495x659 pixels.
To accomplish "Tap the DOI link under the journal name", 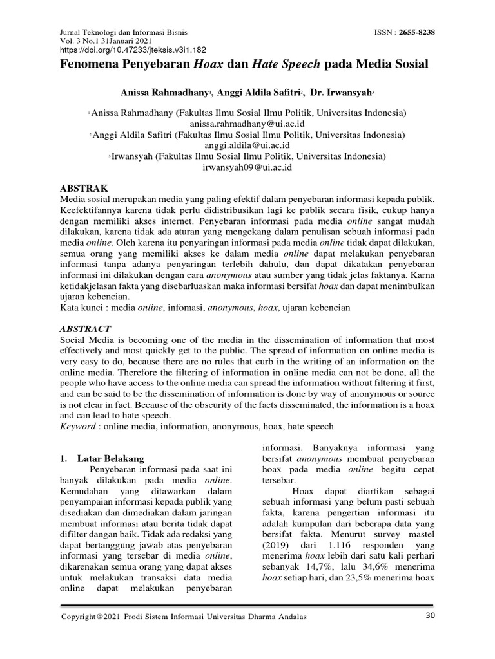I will [133, 49].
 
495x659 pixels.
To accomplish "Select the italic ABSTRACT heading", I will [85, 328].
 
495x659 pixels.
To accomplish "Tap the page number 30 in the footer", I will [431, 616].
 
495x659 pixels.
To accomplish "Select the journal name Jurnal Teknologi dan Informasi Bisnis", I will [124, 31].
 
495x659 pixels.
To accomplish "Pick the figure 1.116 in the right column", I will [330, 546].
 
